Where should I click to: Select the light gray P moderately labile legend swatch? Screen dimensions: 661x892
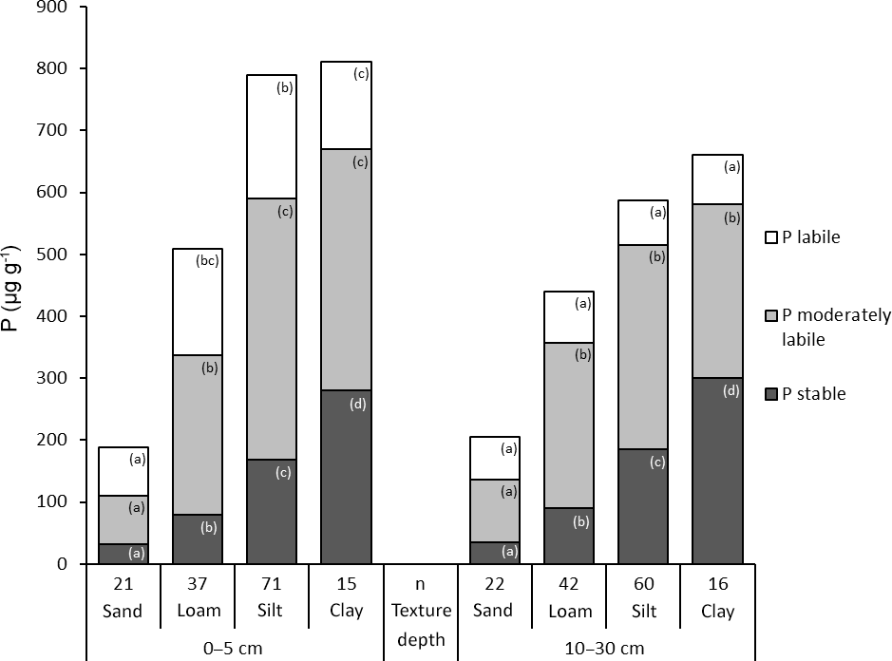(x=772, y=316)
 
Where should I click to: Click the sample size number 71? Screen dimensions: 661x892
(x=272, y=581)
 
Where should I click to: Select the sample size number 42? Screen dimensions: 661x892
(x=568, y=581)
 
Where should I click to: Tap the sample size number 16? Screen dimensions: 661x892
(x=717, y=581)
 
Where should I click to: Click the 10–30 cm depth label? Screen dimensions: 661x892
(x=606, y=648)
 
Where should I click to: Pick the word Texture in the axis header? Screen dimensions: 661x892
(x=421, y=611)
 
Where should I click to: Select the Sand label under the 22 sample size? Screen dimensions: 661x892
(x=493, y=611)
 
